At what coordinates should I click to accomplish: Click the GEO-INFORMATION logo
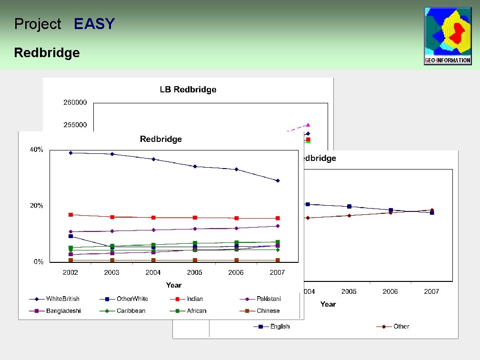click(448, 36)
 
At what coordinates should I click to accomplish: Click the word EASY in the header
click(94, 24)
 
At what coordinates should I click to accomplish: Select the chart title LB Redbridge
click(188, 90)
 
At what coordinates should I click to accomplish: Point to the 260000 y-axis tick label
click(75, 102)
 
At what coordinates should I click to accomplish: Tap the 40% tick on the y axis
click(37, 150)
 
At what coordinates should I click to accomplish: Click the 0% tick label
click(38, 262)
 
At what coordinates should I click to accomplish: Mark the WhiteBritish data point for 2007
click(278, 180)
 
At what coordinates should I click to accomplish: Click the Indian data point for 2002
click(70, 215)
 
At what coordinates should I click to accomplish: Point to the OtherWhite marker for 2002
click(70, 236)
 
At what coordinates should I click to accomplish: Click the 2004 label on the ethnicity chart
click(153, 272)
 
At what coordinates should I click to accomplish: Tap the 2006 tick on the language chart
click(390, 291)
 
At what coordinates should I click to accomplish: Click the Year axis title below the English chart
click(328, 304)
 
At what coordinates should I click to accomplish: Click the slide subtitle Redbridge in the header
click(47, 52)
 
